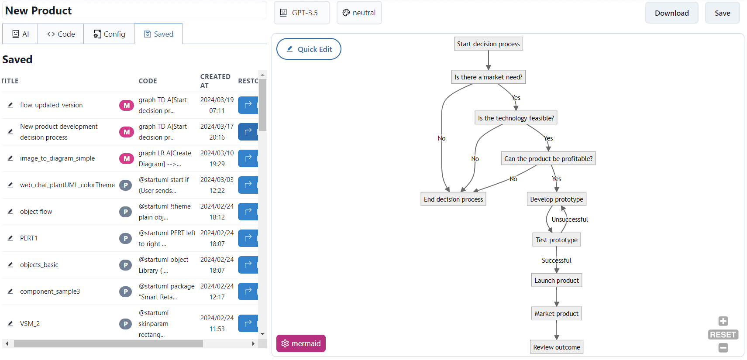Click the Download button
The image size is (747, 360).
pyautogui.click(x=671, y=13)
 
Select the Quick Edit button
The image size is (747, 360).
pyautogui.click(x=309, y=49)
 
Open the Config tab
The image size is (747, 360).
pyautogui.click(x=109, y=34)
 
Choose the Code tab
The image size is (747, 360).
pyautogui.click(x=61, y=34)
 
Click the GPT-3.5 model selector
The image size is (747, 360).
pyautogui.click(x=301, y=13)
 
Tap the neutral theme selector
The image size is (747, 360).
pyautogui.click(x=359, y=13)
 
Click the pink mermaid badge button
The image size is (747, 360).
pyautogui.click(x=301, y=343)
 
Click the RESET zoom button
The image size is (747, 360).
pyautogui.click(x=723, y=335)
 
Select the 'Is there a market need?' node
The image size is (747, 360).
pyautogui.click(x=488, y=77)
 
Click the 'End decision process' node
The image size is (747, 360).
pyautogui.click(x=453, y=199)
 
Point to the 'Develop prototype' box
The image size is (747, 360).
pyautogui.click(x=556, y=199)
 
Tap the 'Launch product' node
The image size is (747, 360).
pyautogui.click(x=556, y=281)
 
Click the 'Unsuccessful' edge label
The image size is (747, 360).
pyautogui.click(x=569, y=219)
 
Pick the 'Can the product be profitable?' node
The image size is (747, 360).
pyautogui.click(x=548, y=159)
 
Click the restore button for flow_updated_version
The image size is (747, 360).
pyautogui.click(x=248, y=105)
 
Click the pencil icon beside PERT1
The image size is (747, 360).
pyautogui.click(x=10, y=238)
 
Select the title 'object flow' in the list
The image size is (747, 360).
pyautogui.click(x=36, y=212)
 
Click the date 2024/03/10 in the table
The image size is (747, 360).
pyautogui.click(x=217, y=153)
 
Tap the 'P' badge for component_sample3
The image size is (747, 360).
pyautogui.click(x=126, y=291)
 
